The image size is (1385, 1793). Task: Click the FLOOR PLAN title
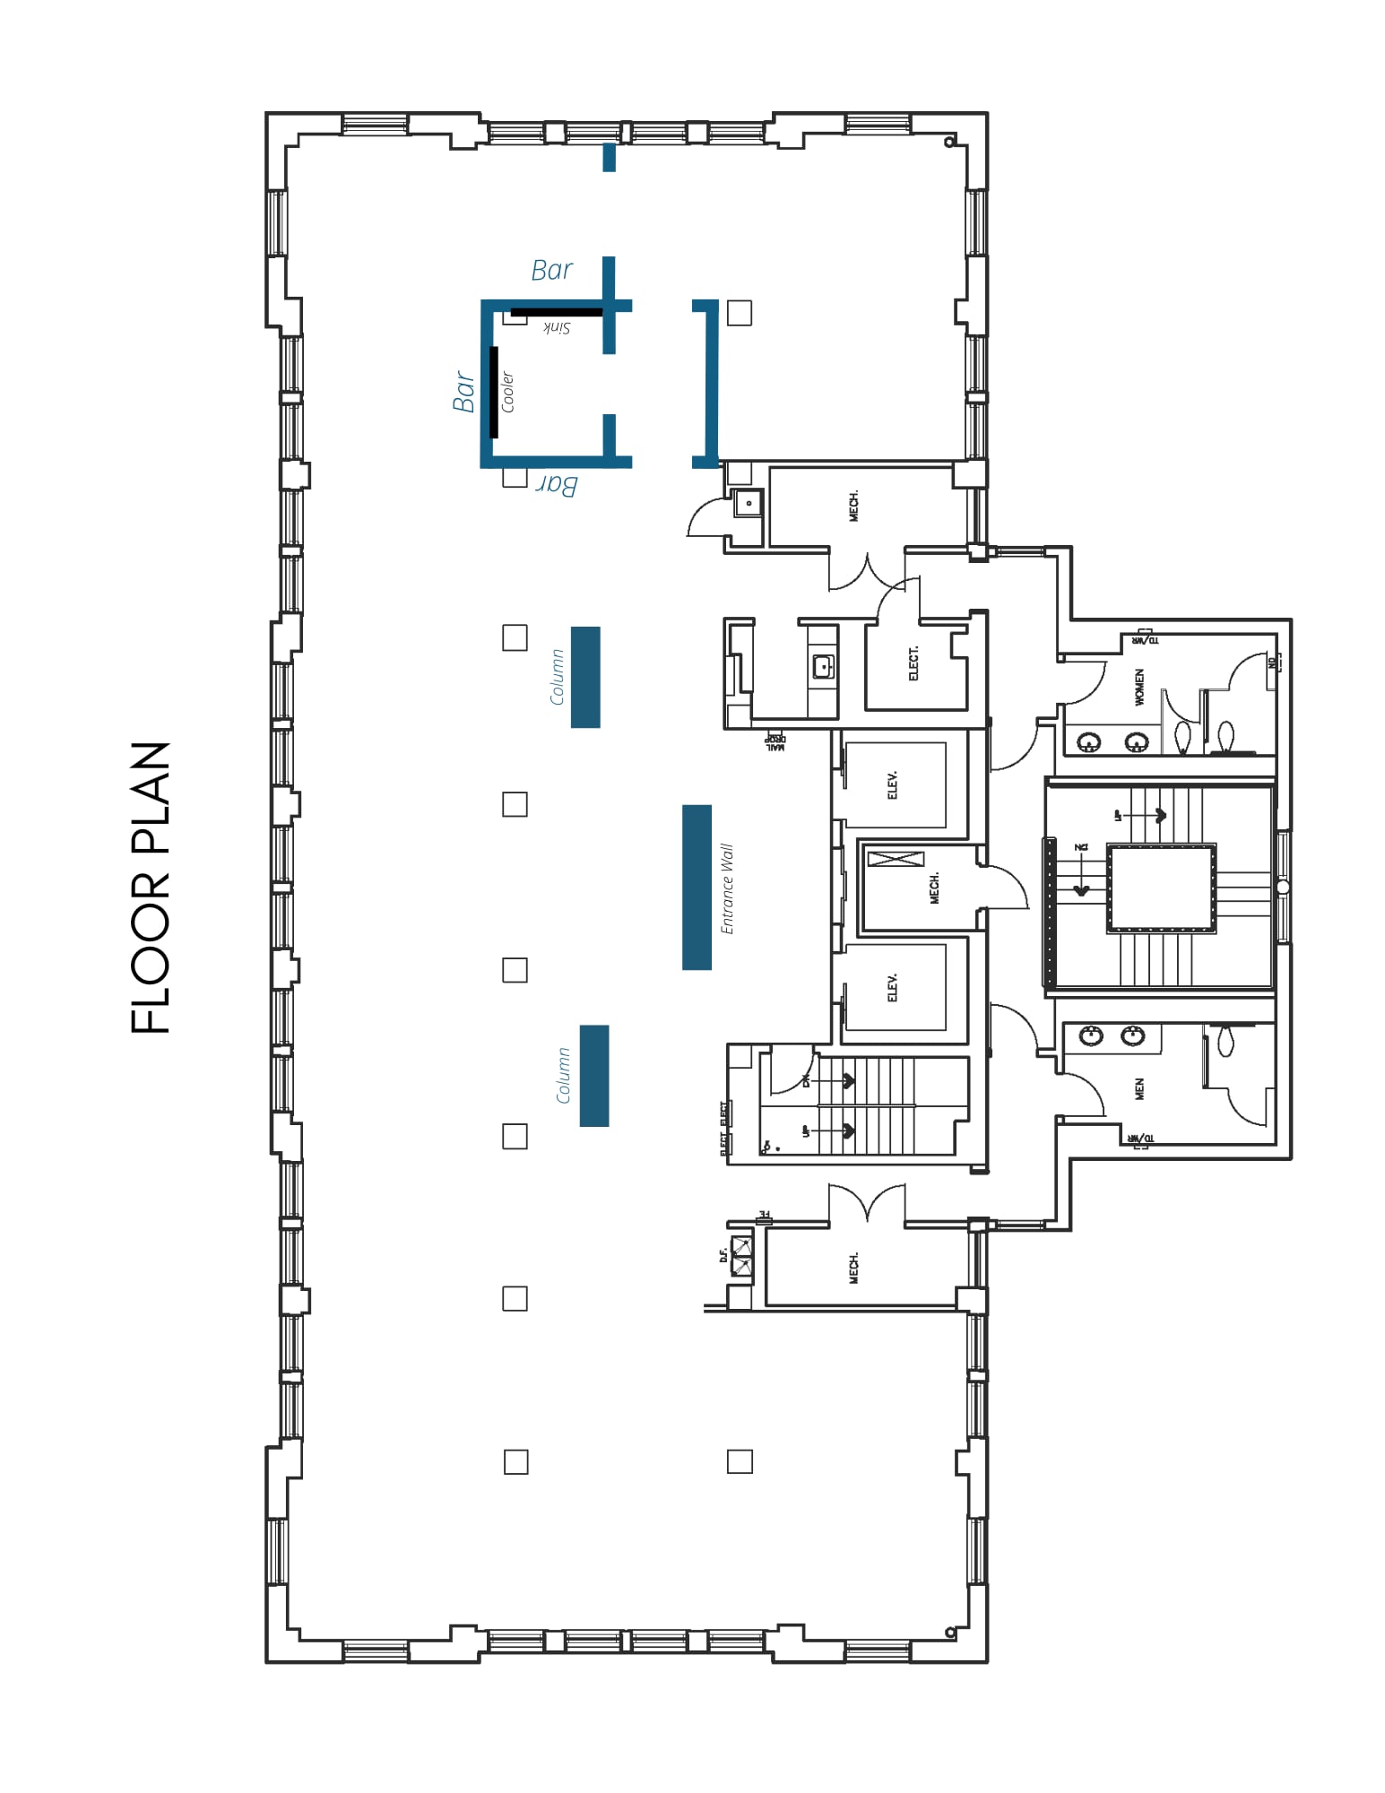pos(151,887)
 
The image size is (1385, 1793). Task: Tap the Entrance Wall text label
pos(727,888)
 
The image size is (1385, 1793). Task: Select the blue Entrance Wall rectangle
pos(697,887)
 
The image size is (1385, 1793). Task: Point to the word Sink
pos(557,328)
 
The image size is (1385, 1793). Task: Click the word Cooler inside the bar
pos(507,392)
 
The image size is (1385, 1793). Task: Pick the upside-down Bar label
pos(557,485)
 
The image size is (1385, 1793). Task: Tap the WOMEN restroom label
pos(1139,687)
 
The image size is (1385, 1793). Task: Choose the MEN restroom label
pos(1139,1088)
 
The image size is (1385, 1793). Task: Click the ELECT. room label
pos(913,663)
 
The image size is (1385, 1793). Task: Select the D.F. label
pos(723,1255)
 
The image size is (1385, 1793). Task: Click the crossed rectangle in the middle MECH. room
pos(896,859)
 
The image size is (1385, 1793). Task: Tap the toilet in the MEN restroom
pos(1225,1039)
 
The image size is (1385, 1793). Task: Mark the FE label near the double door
pos(765,1216)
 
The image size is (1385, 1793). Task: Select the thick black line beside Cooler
pos(494,392)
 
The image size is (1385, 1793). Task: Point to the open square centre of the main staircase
pos(1162,888)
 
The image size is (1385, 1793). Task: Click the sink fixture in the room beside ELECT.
pos(823,667)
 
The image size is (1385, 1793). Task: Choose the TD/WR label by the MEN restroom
pos(1141,1139)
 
